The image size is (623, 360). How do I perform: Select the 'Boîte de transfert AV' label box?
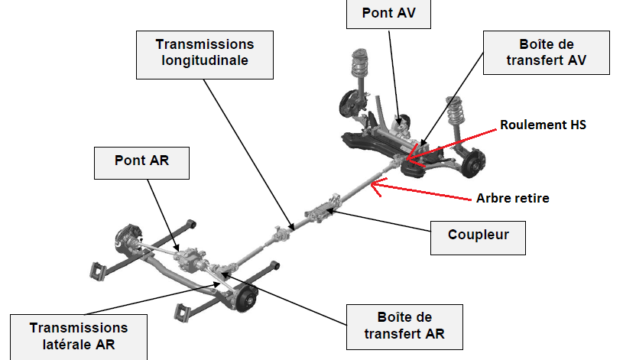pos(547,52)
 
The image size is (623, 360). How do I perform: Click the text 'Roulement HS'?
pos(543,124)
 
